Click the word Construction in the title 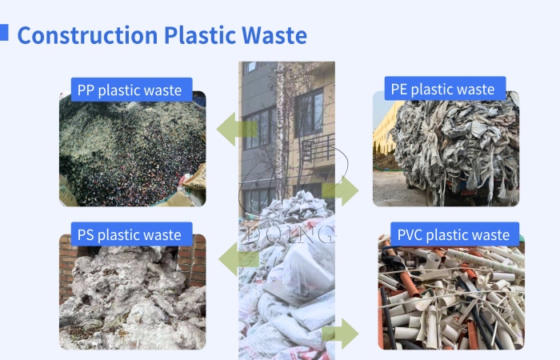click(87, 35)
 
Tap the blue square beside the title click(4, 31)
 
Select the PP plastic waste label click(130, 90)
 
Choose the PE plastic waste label click(443, 89)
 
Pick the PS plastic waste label click(130, 234)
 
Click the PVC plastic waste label click(454, 234)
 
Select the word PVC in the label click(410, 234)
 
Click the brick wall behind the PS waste click(67, 264)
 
